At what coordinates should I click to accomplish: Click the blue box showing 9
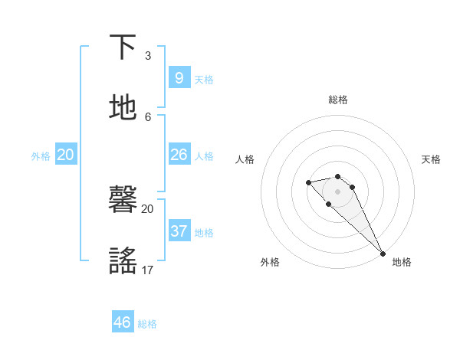179,77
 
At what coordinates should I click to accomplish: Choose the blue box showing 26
179,155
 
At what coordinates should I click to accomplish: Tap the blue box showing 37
179,231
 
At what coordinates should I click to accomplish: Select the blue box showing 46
123,322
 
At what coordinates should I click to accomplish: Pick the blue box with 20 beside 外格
65,155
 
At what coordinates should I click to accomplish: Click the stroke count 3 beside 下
148,55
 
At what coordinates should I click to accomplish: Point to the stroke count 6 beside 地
148,116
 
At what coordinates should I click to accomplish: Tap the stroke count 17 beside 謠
148,270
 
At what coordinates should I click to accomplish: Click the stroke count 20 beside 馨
147,208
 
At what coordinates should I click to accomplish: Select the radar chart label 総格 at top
337,100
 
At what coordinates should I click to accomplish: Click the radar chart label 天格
431,159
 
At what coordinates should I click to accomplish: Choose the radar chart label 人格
245,159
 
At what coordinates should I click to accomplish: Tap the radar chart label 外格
270,262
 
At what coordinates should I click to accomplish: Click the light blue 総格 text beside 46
147,324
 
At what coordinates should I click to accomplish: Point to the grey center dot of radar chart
337,191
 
